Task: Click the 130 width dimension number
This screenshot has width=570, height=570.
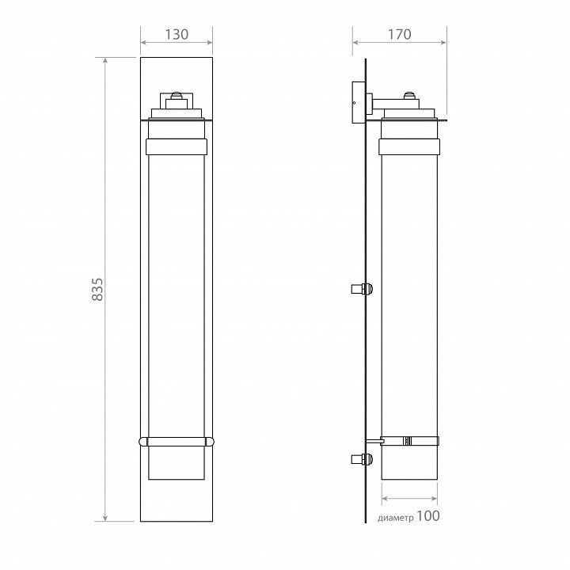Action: coord(177,35)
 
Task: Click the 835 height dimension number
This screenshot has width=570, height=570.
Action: coord(97,290)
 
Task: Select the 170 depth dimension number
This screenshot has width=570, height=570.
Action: coord(400,35)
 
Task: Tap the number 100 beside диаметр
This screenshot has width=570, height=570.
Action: coord(427,515)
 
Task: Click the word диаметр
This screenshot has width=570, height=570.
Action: coord(396,518)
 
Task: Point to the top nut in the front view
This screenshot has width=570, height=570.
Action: coord(177,96)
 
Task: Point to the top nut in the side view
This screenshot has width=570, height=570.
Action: coord(409,96)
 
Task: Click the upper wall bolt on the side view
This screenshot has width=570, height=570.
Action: coord(362,289)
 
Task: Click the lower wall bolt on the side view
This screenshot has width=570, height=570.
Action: coord(362,459)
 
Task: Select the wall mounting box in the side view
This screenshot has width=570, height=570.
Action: coord(359,102)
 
